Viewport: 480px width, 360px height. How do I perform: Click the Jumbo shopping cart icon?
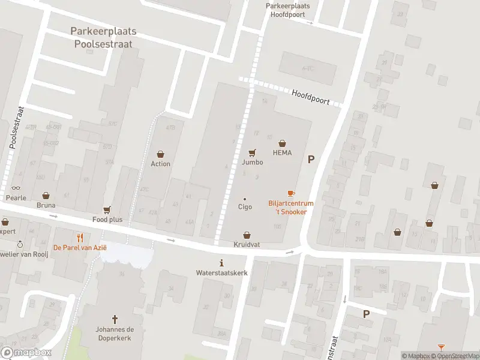pyautogui.click(x=252, y=152)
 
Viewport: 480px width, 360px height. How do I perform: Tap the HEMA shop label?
pyautogui.click(x=282, y=153)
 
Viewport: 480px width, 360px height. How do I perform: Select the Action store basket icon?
pyautogui.click(x=160, y=154)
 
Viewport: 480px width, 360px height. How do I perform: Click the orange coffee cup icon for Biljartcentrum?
pyautogui.click(x=291, y=193)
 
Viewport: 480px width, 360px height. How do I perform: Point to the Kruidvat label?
pyautogui.click(x=246, y=245)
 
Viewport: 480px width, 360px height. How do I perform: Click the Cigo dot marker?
pyautogui.click(x=244, y=199)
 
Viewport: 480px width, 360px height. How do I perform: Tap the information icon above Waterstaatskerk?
pyautogui.click(x=222, y=263)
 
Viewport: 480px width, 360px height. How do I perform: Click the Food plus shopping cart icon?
pyautogui.click(x=107, y=209)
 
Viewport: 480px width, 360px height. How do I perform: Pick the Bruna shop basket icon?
pyautogui.click(x=46, y=196)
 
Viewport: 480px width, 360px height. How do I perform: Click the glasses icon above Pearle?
pyautogui.click(x=16, y=188)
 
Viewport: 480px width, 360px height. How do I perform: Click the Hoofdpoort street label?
pyautogui.click(x=311, y=95)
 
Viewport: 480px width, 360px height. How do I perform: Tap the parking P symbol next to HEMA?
pyautogui.click(x=311, y=159)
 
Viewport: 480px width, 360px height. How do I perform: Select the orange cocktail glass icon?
pyautogui.click(x=441, y=347)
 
